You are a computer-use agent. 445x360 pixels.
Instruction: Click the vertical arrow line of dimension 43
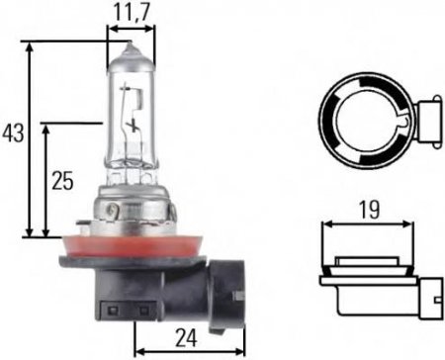click(x=34, y=138)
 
